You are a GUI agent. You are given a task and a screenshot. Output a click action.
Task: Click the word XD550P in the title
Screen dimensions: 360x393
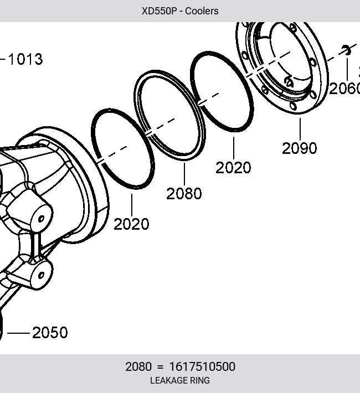coord(160,11)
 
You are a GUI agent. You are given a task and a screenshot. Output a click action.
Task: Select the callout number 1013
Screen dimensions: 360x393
coord(25,59)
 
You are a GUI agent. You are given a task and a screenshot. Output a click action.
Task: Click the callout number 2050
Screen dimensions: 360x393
coord(50,333)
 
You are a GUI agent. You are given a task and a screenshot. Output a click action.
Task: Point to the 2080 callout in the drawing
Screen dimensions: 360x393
coord(184,194)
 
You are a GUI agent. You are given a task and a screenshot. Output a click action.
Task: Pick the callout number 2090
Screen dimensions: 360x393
coord(299,148)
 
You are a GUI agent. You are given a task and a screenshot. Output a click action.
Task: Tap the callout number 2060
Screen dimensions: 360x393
coord(344,89)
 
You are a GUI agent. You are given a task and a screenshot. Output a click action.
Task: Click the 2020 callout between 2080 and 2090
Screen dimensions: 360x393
coord(233,168)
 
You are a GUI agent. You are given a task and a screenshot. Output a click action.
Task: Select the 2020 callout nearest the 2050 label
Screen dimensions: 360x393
coord(131,224)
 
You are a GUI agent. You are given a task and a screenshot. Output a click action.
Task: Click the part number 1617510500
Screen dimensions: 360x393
coord(202,366)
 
